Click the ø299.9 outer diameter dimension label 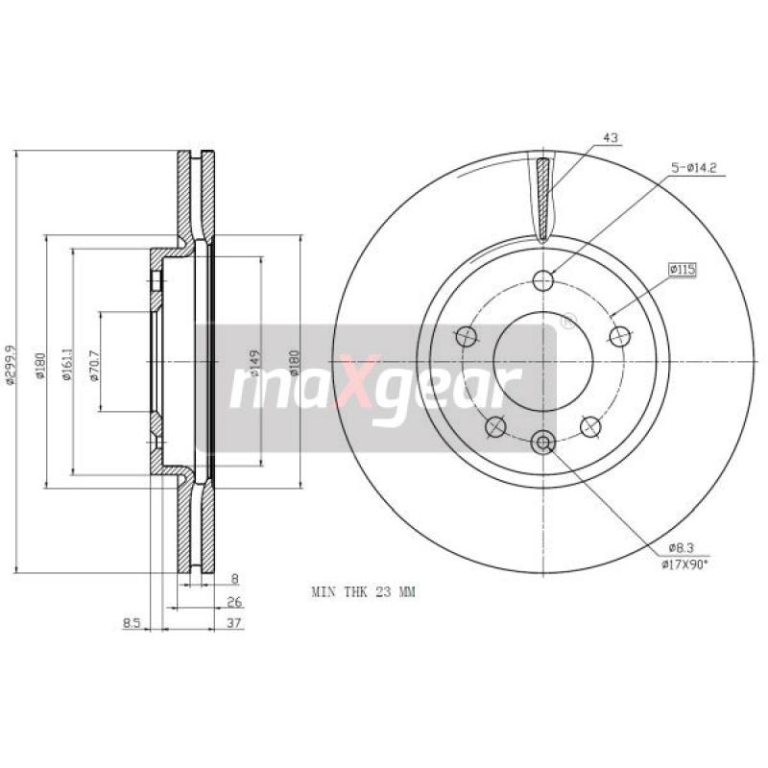pyautogui.click(x=12, y=365)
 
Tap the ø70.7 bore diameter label pyautogui.click(x=94, y=364)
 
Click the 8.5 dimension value pyautogui.click(x=132, y=623)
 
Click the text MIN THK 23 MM pyautogui.click(x=363, y=592)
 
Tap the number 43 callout pyautogui.click(x=610, y=138)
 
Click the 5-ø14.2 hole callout pyautogui.click(x=694, y=168)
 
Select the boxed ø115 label pyautogui.click(x=682, y=271)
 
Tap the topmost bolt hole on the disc pyautogui.click(x=543, y=280)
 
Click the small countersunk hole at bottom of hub pyautogui.click(x=543, y=442)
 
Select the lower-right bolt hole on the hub pyautogui.click(x=590, y=425)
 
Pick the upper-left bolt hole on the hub pyautogui.click(x=467, y=336)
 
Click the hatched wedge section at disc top pyautogui.click(x=543, y=197)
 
